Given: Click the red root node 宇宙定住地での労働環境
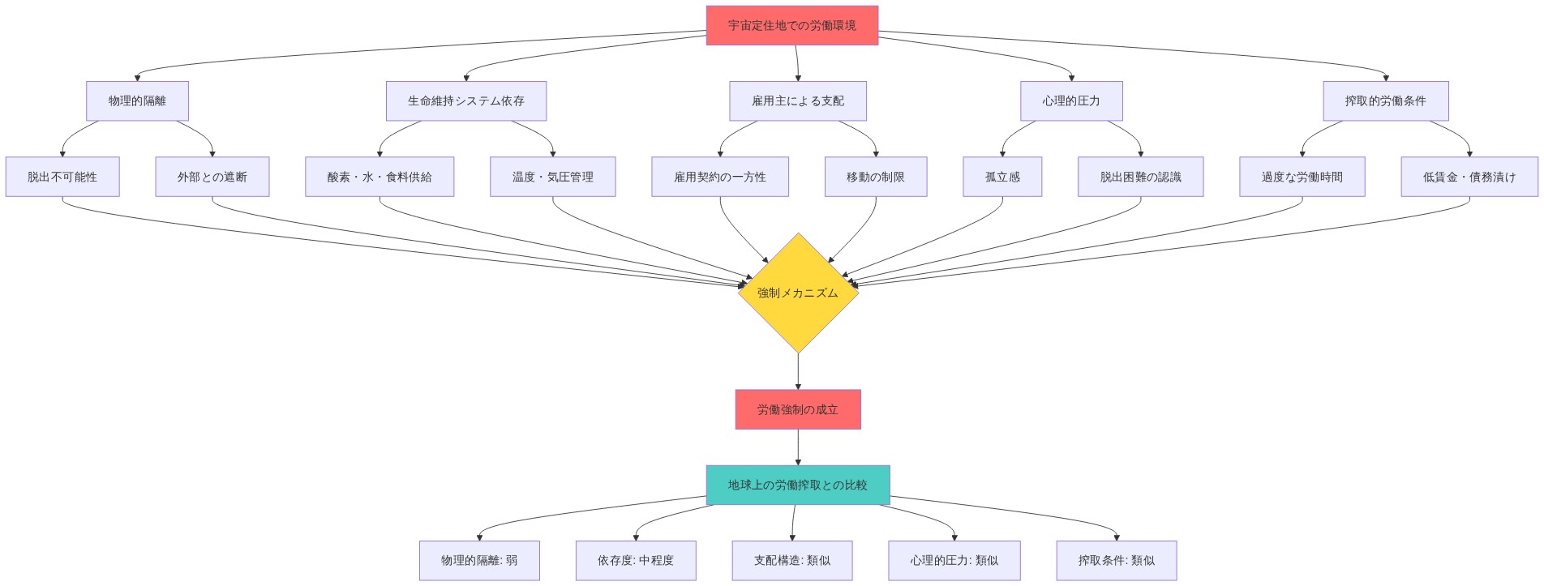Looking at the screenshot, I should [791, 25].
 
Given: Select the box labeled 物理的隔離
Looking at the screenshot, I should [137, 101].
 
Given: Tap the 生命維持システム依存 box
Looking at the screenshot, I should [465, 101].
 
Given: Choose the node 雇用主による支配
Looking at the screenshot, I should [797, 101].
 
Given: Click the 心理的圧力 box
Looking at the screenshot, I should [1070, 101].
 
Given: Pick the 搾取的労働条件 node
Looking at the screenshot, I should [1385, 101].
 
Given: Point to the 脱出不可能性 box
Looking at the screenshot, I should [62, 177].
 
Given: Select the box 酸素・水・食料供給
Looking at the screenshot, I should [379, 177].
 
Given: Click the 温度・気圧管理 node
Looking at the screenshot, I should [552, 177].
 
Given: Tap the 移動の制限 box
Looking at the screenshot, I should [875, 177].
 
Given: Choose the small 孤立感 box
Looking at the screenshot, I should [1001, 177].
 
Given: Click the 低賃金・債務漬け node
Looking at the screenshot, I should [1469, 177].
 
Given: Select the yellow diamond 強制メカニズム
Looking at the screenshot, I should [798, 293].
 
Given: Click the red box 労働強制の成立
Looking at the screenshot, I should [797, 409].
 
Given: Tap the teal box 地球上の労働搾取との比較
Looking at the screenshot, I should [797, 485].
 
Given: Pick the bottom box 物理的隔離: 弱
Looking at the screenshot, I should [478, 560].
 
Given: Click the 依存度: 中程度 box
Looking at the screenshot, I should [635, 560].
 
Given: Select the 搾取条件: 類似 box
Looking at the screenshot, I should [1116, 560].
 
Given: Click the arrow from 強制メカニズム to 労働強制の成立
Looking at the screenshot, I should [798, 372].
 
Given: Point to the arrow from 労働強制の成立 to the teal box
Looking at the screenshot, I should [798, 447].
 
